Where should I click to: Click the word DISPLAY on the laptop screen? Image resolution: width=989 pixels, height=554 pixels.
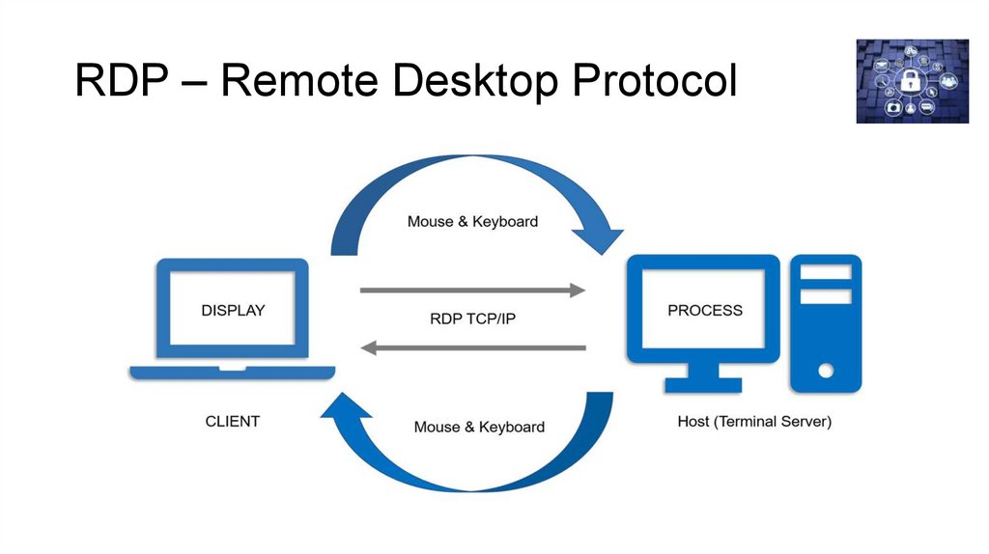[x=232, y=311]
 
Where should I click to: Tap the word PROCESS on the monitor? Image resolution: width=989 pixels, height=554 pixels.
[x=705, y=311]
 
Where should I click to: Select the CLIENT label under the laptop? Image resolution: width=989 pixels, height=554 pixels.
[x=233, y=421]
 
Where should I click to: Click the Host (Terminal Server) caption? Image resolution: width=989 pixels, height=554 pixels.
[x=754, y=422]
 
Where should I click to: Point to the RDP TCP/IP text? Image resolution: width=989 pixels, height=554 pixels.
[x=473, y=319]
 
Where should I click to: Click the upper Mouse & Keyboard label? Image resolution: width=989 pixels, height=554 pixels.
[x=472, y=221]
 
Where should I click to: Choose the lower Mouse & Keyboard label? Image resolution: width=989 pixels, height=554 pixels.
[x=479, y=427]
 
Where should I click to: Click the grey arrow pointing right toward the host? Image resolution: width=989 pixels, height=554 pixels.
[x=472, y=290]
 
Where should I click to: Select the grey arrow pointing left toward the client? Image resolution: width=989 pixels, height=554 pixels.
[x=472, y=347]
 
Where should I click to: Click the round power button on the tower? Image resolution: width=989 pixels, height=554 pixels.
[x=825, y=370]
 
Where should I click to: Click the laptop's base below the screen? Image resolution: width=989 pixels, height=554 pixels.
[x=232, y=372]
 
